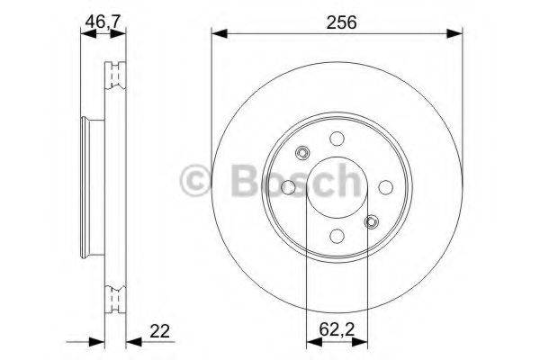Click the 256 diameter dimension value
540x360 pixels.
pos(337,23)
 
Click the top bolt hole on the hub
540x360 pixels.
pos(337,139)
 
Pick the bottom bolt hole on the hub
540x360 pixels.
pos(337,235)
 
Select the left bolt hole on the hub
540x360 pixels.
pos(288,186)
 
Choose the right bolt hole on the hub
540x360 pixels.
pos(384,186)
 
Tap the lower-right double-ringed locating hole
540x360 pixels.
pos(371,220)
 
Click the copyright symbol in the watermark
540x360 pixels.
pos(197,181)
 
